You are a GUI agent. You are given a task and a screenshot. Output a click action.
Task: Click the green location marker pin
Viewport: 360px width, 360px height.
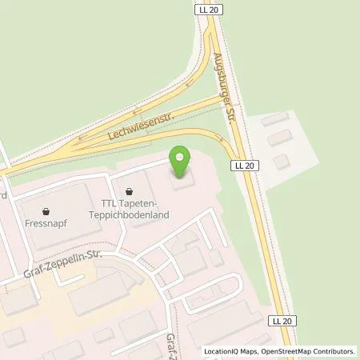pos(182,163)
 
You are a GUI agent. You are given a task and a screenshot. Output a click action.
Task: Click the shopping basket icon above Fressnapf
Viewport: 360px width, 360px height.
pos(46,212)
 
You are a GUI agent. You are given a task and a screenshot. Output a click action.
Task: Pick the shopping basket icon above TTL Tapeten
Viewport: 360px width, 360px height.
pos(130,190)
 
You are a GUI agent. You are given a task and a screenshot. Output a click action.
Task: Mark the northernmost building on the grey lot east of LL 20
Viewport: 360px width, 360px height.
pos(274,119)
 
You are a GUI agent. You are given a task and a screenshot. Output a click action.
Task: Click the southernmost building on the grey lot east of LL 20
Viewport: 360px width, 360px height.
pos(280,162)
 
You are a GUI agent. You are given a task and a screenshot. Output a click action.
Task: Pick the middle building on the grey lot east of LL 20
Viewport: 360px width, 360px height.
pos(279,138)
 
